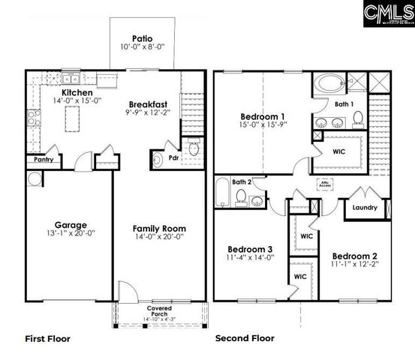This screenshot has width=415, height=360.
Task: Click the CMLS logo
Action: [x=387, y=13]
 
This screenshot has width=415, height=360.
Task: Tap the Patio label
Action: [x=143, y=38]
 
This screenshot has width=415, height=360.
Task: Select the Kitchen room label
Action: [x=77, y=93]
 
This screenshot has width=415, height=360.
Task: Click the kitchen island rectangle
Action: [x=75, y=117]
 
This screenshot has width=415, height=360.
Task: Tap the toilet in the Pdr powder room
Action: [x=194, y=149]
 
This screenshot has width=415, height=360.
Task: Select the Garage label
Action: [x=71, y=224]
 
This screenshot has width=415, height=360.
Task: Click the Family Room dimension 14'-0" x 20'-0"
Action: [x=159, y=238]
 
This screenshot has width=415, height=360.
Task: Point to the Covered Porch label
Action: [x=159, y=311]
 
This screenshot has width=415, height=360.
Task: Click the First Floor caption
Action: [x=48, y=339]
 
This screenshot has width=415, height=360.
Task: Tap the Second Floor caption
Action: [x=245, y=339]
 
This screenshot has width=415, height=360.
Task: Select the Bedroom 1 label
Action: [x=263, y=116]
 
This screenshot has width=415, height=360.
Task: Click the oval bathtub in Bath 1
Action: [x=327, y=82]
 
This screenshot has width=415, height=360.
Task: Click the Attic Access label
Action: [x=326, y=182]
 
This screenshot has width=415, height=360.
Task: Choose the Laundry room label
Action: [x=364, y=208]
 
